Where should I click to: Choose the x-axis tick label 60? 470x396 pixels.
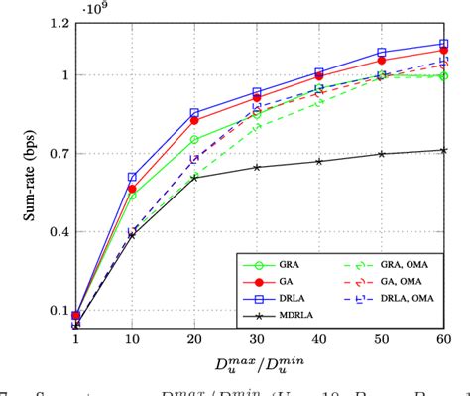click(442, 340)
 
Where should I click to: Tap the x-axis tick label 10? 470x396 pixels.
click(132, 340)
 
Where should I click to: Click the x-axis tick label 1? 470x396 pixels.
click(75, 340)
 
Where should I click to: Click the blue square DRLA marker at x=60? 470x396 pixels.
click(442, 44)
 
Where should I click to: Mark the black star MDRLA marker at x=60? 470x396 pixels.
click(442, 150)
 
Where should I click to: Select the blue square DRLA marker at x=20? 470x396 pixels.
click(194, 113)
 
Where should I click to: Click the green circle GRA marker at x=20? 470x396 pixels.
click(194, 140)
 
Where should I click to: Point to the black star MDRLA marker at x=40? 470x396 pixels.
click(318, 161)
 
